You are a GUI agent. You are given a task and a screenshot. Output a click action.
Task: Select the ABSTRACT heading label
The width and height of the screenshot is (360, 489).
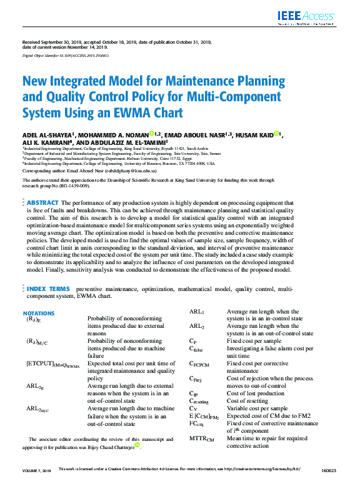coord(42,203)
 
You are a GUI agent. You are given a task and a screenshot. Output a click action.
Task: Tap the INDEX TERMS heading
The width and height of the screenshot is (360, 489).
coord(48,289)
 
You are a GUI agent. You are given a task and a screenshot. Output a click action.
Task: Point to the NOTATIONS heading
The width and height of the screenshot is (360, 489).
coord(39,313)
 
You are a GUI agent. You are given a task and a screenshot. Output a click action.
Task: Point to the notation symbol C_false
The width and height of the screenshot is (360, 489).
coord(197,348)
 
